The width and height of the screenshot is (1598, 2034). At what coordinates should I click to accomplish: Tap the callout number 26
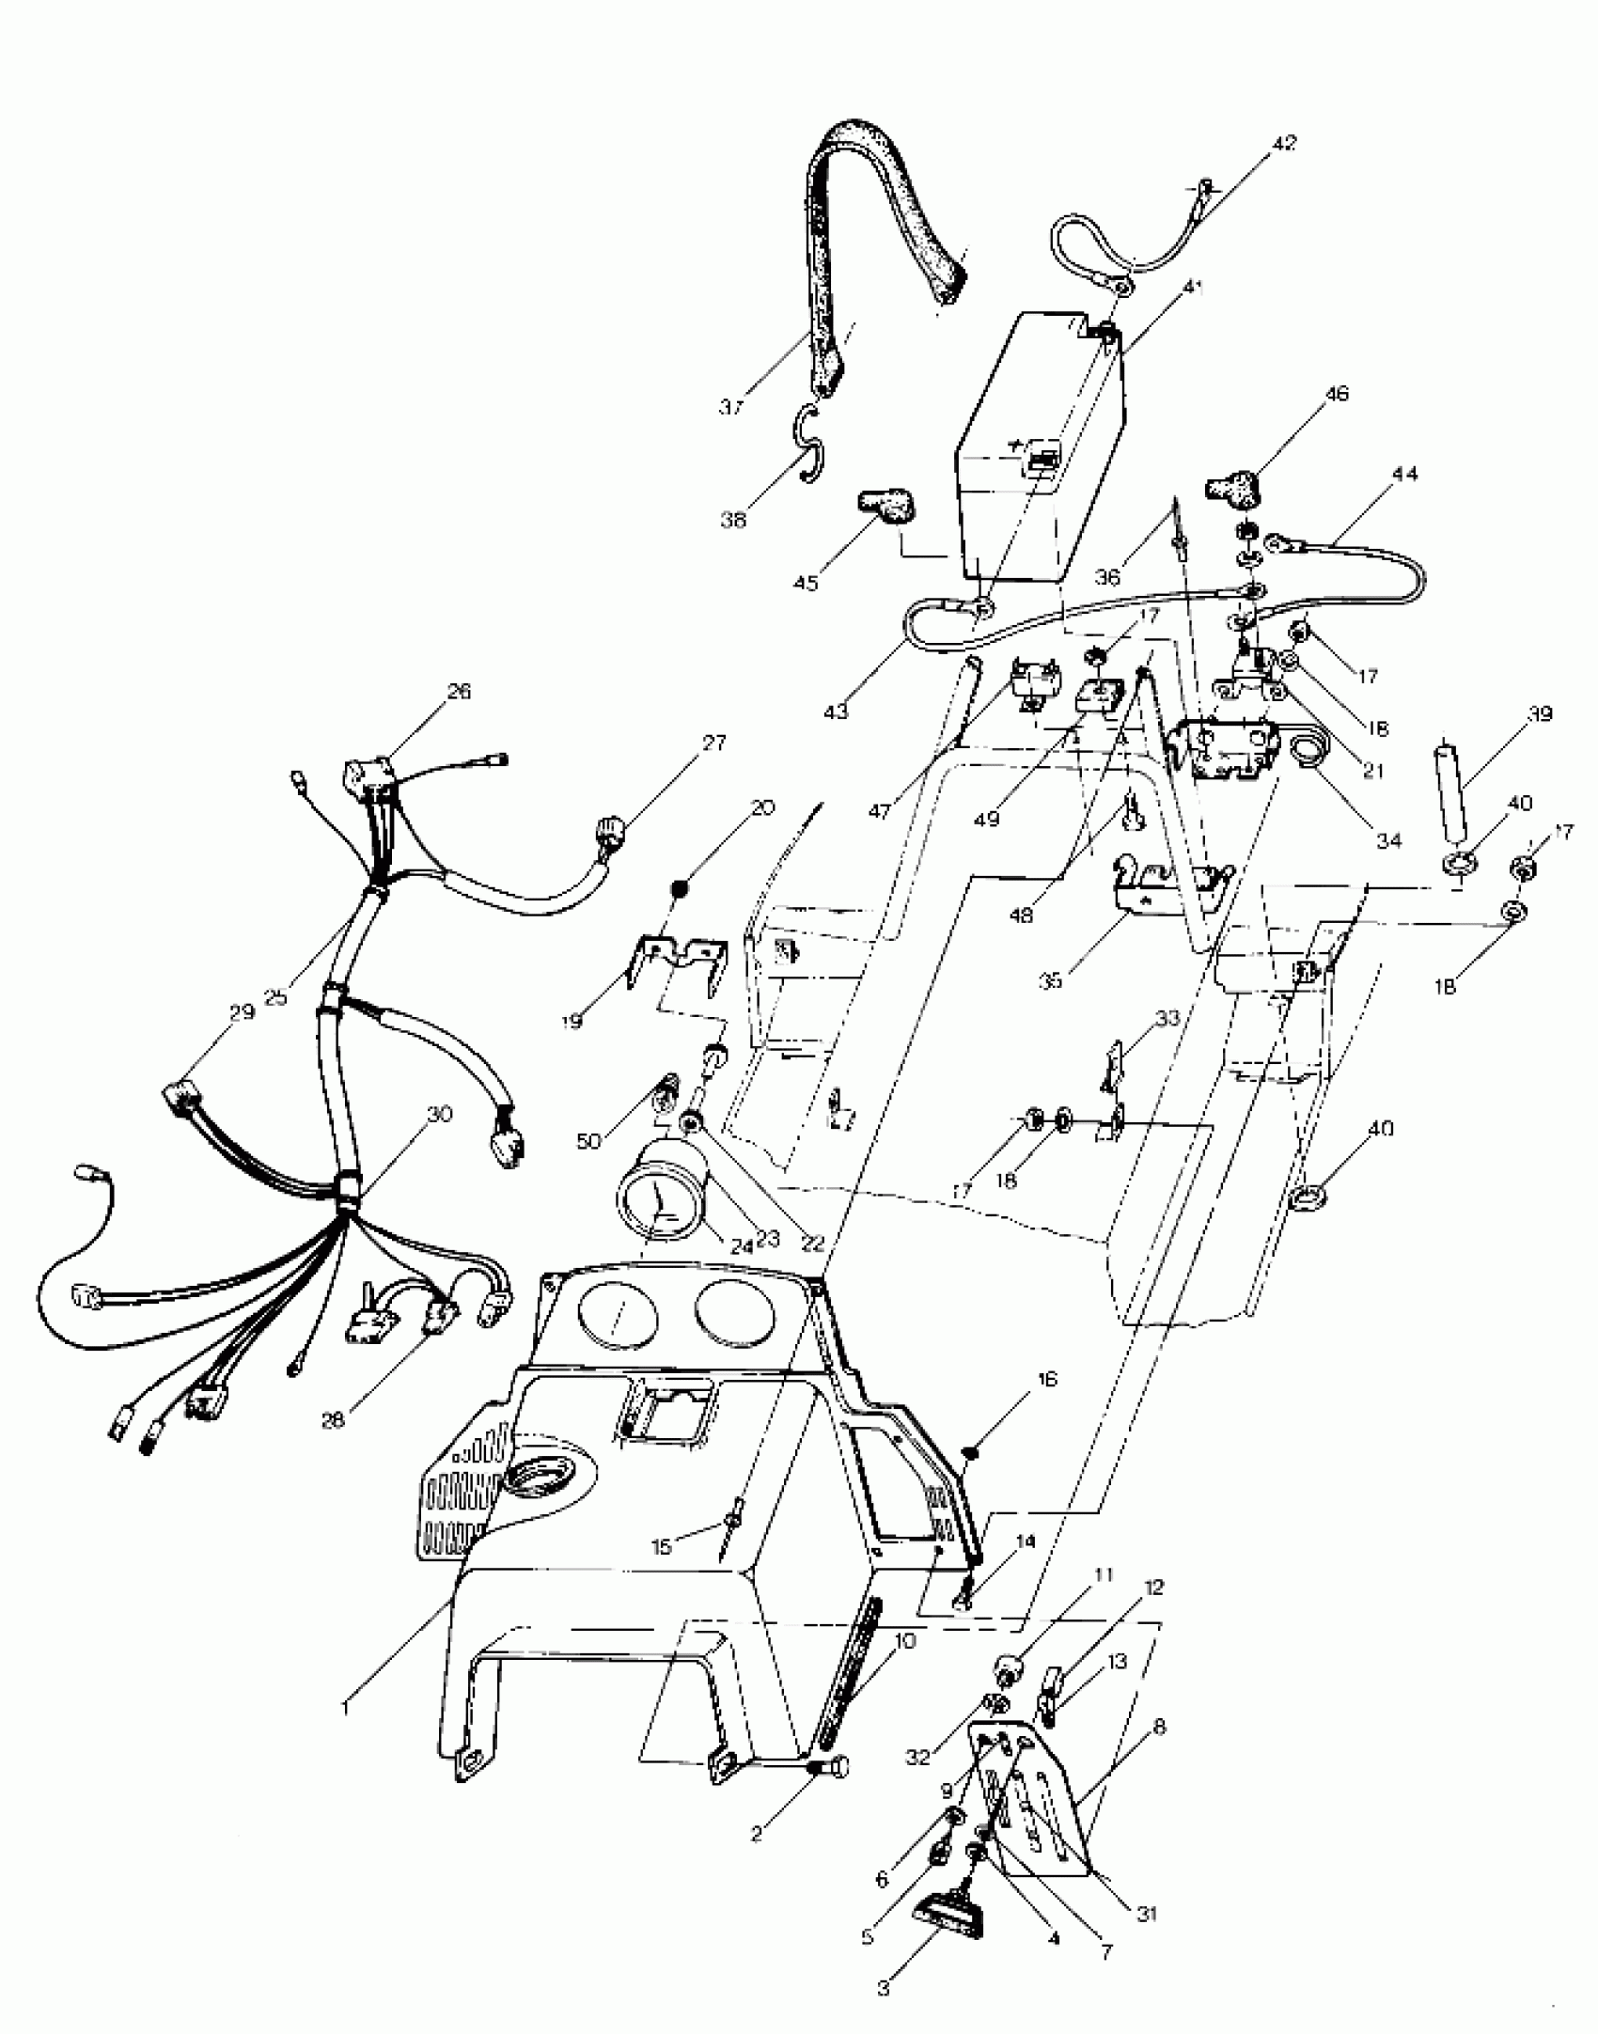(x=459, y=691)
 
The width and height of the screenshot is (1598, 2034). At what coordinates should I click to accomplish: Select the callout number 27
(x=714, y=743)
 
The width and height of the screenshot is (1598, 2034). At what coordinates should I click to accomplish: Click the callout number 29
(x=243, y=1012)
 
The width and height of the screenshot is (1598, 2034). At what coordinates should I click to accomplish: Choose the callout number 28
(x=334, y=1420)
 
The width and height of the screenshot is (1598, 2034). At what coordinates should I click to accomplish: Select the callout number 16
(x=1048, y=1380)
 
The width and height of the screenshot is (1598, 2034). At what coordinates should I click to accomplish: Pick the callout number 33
(x=1167, y=1018)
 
